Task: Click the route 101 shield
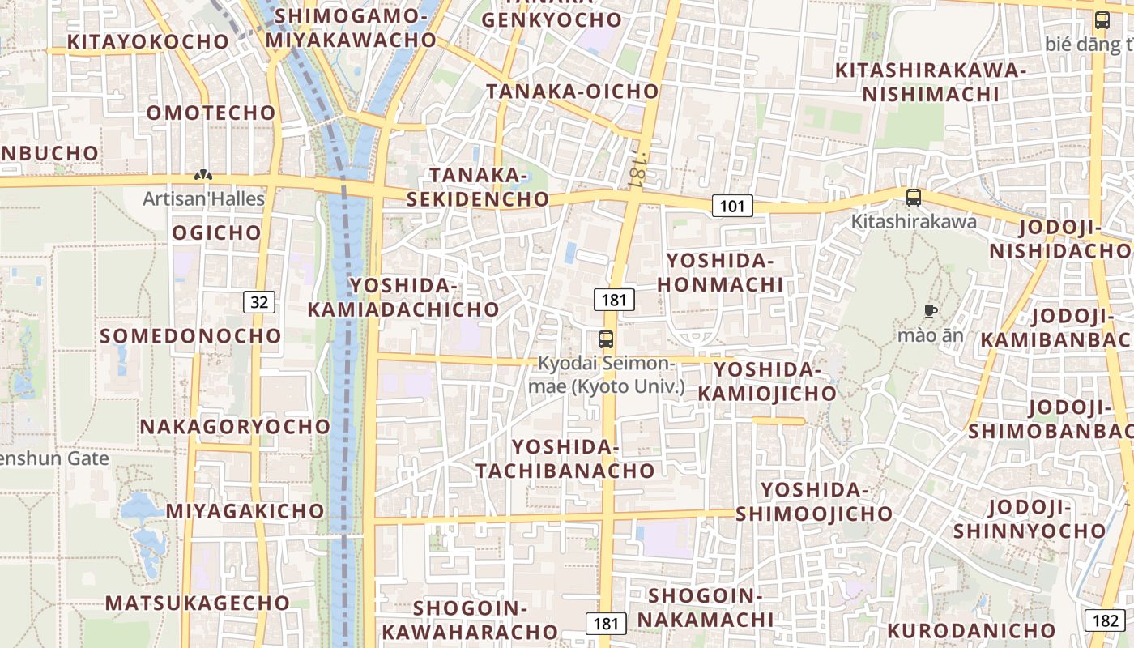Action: pos(731,206)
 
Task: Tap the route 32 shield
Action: pos(259,302)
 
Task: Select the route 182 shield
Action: pos(1105,620)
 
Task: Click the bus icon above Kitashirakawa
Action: pos(914,197)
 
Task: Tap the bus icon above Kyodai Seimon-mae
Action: pos(606,339)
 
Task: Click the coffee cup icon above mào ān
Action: pos(931,311)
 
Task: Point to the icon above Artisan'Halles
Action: pos(203,175)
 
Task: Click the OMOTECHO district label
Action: pos(211,113)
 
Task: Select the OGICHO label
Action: pos(217,233)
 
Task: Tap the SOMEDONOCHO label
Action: pos(191,335)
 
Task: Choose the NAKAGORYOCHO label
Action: pos(236,426)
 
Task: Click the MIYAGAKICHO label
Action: pos(245,511)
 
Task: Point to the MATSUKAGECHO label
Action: pos(198,603)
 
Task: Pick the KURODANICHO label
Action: pos(971,630)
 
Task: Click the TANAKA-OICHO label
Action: pos(573,92)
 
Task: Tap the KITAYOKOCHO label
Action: pos(148,41)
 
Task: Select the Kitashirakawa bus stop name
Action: pos(914,220)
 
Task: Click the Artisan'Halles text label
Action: pos(204,198)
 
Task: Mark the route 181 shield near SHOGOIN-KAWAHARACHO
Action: pos(605,623)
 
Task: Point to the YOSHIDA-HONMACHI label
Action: pos(720,272)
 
